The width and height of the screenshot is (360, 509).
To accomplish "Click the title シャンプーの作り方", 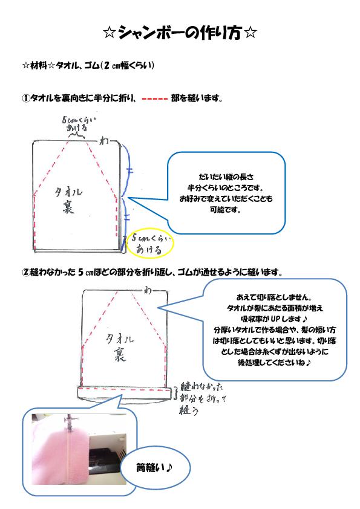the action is (180, 33).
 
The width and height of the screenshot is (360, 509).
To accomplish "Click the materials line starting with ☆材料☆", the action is (88, 65).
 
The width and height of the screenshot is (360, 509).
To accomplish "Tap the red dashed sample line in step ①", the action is (155, 99).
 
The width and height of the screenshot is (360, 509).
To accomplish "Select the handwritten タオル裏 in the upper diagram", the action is (68, 199).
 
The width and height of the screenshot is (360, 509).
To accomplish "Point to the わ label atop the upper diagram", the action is (104, 141).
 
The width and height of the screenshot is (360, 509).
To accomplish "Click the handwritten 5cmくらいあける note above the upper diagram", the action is (78, 124).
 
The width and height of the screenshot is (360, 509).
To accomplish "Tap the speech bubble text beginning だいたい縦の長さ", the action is (226, 193).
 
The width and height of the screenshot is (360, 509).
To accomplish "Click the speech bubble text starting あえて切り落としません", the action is (274, 329).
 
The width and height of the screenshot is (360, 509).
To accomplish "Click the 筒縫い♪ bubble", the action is (155, 468).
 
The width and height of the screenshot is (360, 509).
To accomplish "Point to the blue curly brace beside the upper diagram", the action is (128, 198).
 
